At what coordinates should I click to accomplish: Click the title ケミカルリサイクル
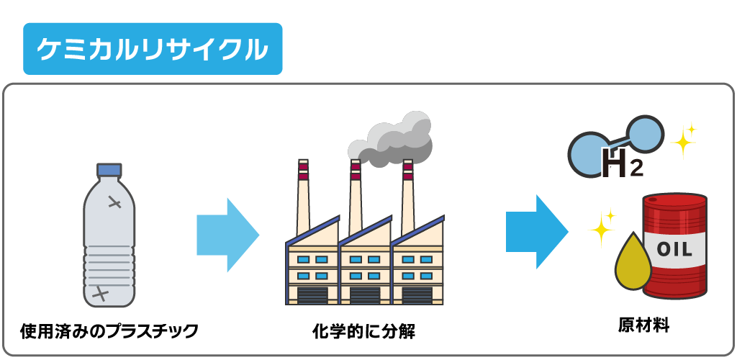point(153,49)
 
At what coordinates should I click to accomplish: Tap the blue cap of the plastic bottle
point(109,170)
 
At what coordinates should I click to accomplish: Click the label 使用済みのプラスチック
point(109,331)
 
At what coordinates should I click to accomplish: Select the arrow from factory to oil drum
point(536,232)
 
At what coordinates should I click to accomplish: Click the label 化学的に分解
point(363,332)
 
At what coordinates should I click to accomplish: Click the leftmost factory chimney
point(303,194)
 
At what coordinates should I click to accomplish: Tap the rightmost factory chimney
point(408,191)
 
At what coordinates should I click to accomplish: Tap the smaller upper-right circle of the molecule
point(646,135)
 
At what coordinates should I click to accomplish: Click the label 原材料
point(644,325)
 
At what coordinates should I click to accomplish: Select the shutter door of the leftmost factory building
point(312,295)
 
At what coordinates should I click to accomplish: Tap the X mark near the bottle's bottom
point(101,293)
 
